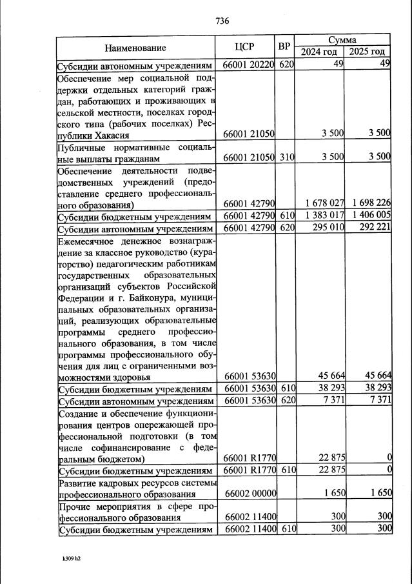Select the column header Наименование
[x=135, y=48]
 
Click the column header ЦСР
[x=245, y=47]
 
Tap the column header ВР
[x=284, y=47]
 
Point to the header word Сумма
[x=343, y=40]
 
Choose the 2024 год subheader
[x=319, y=52]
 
